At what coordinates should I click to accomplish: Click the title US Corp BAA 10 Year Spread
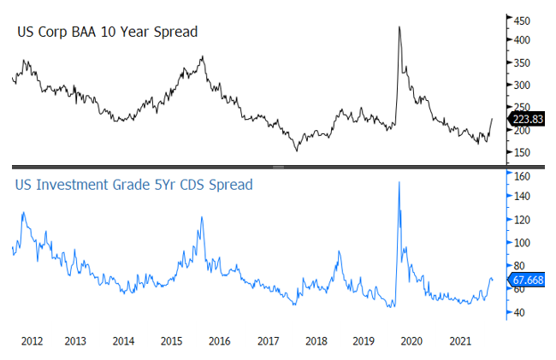click(x=108, y=32)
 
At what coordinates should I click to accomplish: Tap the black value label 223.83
click(x=528, y=119)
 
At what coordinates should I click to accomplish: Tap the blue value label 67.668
click(x=528, y=279)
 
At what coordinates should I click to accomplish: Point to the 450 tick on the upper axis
click(x=521, y=18)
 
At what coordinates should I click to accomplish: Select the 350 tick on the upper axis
click(x=521, y=63)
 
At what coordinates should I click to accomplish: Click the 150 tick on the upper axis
click(x=521, y=153)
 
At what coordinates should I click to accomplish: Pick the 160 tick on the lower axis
click(x=521, y=176)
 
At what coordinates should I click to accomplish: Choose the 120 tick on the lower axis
click(x=521, y=220)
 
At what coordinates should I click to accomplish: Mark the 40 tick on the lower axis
click(x=521, y=312)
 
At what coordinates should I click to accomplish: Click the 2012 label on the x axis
click(x=33, y=340)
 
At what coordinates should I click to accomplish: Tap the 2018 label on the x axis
click(x=316, y=340)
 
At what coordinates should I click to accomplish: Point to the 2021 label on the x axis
click(x=459, y=340)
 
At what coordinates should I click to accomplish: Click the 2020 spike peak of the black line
click(x=399, y=27)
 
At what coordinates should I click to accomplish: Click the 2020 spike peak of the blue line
click(x=399, y=182)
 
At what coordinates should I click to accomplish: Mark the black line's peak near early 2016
click(x=202, y=57)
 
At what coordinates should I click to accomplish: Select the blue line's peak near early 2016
click(x=201, y=217)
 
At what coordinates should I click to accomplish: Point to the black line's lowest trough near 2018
click(x=298, y=150)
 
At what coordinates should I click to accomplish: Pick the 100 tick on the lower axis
click(x=521, y=243)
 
